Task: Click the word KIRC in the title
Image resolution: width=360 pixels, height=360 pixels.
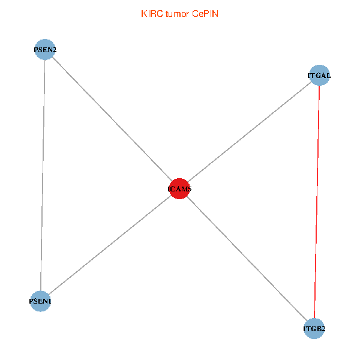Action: coord(151,14)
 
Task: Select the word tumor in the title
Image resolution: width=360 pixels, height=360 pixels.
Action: coord(177,14)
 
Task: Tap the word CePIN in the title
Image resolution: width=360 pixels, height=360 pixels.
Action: coord(205,14)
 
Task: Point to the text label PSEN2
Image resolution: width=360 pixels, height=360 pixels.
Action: coord(46,50)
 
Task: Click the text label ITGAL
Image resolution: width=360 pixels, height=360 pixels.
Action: coord(319,76)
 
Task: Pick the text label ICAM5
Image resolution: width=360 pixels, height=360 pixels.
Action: coord(179,189)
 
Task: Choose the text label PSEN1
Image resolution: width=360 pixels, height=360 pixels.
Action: coord(40,301)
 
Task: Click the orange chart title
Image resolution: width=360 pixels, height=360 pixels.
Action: coord(179,14)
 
